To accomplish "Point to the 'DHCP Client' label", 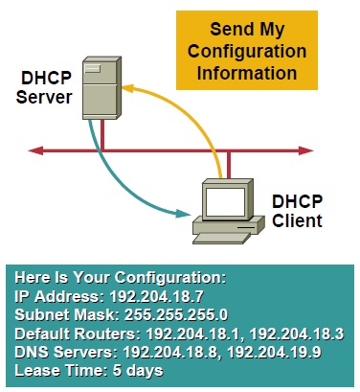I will coord(296,212).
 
